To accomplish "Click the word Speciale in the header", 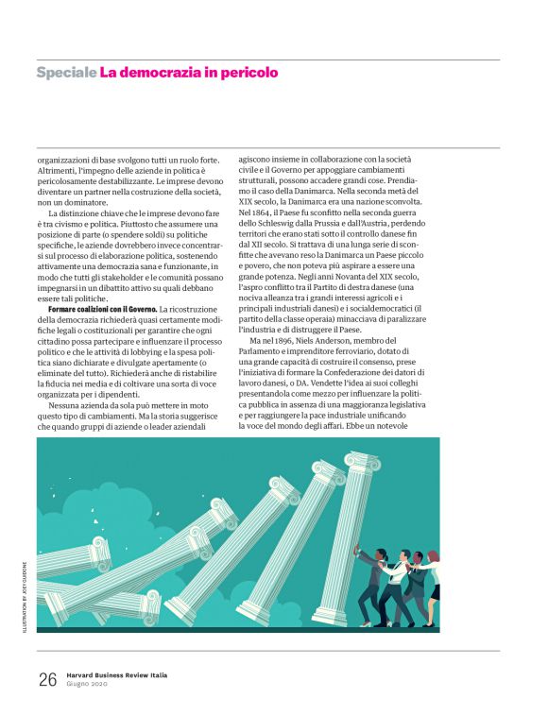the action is pyautogui.click(x=66, y=72).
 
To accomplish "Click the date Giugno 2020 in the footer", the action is pyautogui.click(x=89, y=685).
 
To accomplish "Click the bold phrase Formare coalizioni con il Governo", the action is pyautogui.click(x=103, y=310).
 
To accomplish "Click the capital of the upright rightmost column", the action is pyautogui.click(x=360, y=462).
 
